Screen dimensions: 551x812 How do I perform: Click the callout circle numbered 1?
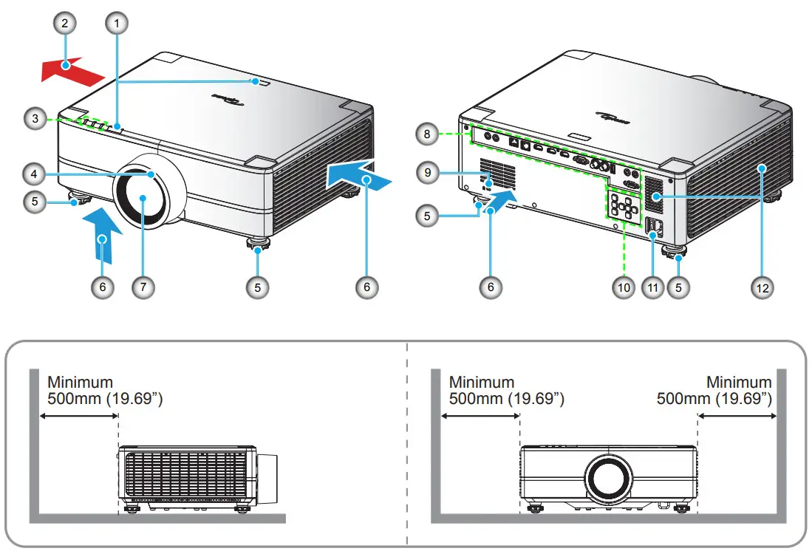pyautogui.click(x=115, y=24)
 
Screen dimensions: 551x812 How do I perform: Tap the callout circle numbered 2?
pyautogui.click(x=65, y=24)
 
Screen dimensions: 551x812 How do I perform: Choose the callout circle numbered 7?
pyautogui.click(x=143, y=287)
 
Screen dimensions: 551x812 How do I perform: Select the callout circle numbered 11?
pyautogui.click(x=651, y=287)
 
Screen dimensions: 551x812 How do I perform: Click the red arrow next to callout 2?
pyautogui.click(x=71, y=72)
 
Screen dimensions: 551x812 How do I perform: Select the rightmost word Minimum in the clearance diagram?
pyautogui.click(x=739, y=383)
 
